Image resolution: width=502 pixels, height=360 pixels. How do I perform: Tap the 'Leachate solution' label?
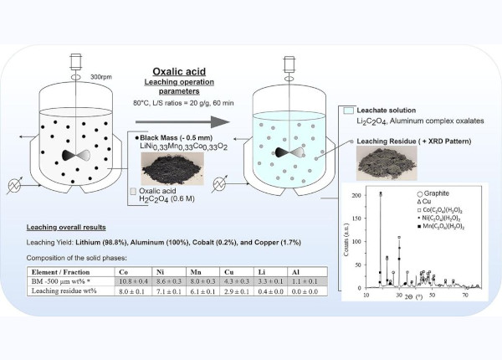[392, 111]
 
